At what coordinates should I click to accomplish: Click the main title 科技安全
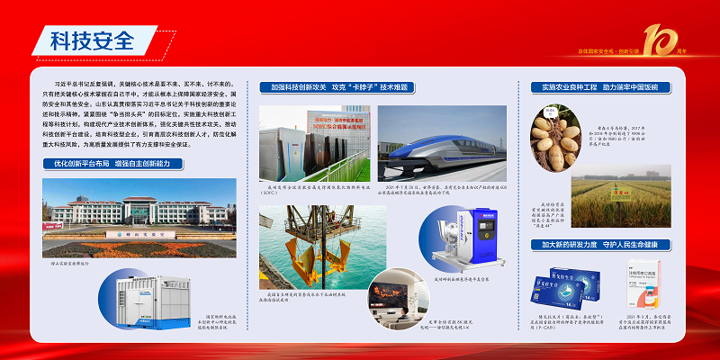[90, 41]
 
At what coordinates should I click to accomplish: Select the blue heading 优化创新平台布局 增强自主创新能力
[112, 164]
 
